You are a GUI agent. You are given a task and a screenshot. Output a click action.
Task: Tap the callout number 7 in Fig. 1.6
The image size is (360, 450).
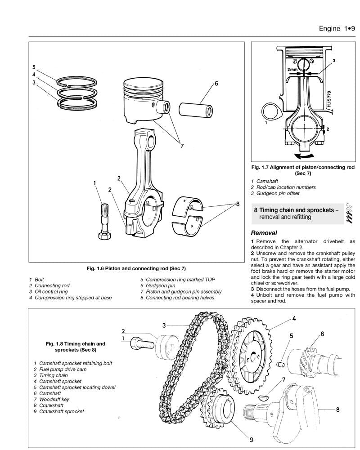pyautogui.click(x=182, y=145)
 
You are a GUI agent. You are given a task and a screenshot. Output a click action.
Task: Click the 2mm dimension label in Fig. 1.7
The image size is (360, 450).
pyautogui.click(x=292, y=70)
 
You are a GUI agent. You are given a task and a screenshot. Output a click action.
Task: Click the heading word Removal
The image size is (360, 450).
pyautogui.click(x=264, y=233)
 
